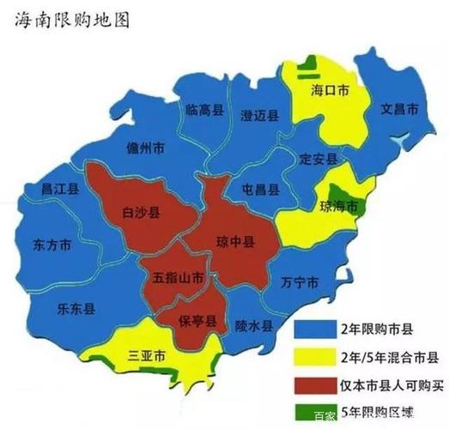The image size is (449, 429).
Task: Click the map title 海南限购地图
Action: click(72, 20)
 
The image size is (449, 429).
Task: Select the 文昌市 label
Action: click(399, 111)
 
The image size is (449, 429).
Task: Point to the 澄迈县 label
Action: click(260, 116)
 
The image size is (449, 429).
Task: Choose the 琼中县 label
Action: click(234, 243)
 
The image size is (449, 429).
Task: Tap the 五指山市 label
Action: click(178, 278)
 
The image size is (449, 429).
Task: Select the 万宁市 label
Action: click(300, 282)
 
